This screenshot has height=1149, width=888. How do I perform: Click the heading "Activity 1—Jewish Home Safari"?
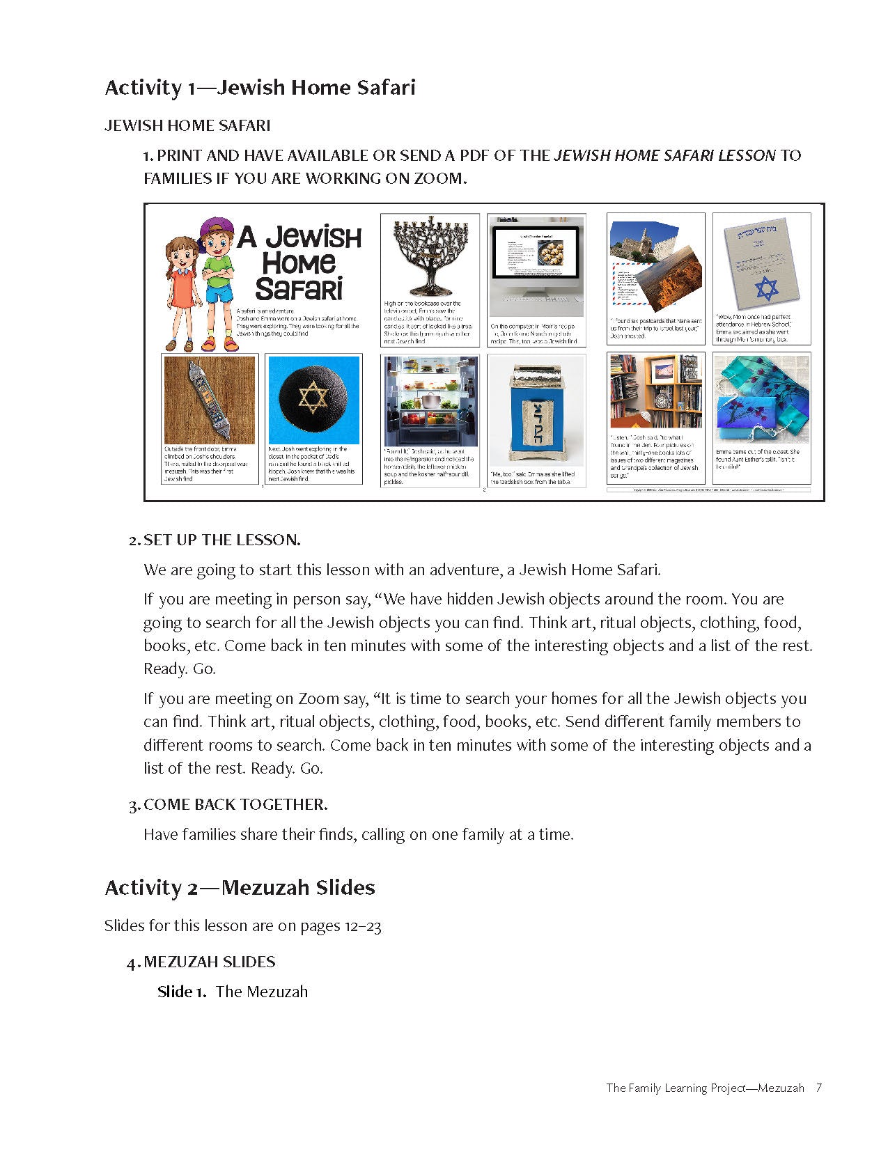(x=260, y=88)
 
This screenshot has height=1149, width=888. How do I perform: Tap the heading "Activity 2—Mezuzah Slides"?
(x=240, y=888)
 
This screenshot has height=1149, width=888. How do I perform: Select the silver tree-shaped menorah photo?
(x=430, y=256)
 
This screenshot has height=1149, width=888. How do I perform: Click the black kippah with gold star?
(x=313, y=400)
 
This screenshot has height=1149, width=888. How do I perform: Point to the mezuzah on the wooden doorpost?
(x=210, y=400)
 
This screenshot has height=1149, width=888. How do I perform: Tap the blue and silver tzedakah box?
(x=536, y=409)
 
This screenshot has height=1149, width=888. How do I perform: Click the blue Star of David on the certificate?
(x=766, y=288)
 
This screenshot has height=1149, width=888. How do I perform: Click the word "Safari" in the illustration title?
(x=299, y=288)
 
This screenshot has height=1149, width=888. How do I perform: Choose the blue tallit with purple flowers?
(x=761, y=400)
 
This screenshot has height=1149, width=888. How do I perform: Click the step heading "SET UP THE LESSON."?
(x=221, y=540)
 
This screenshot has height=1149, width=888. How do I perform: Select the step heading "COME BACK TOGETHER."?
(x=235, y=804)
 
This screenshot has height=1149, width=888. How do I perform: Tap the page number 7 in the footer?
(x=819, y=1088)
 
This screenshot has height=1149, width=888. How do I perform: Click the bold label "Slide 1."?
(x=182, y=992)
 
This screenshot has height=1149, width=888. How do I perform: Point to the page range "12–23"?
(x=363, y=926)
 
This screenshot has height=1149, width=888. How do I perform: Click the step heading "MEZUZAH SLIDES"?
(x=209, y=962)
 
